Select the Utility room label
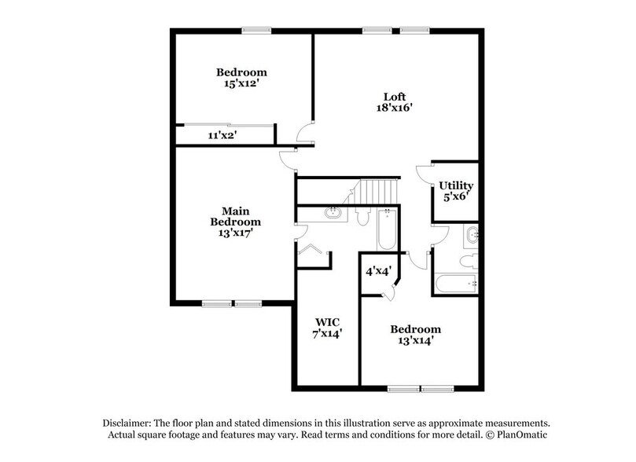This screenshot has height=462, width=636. (456, 185)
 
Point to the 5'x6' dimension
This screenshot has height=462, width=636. (456, 196)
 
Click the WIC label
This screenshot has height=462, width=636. (326, 321)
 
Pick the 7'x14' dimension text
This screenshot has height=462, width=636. (326, 333)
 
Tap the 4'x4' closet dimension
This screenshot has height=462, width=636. (378, 271)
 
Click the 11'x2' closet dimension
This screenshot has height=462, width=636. (222, 135)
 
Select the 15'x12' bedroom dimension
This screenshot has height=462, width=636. (242, 84)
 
